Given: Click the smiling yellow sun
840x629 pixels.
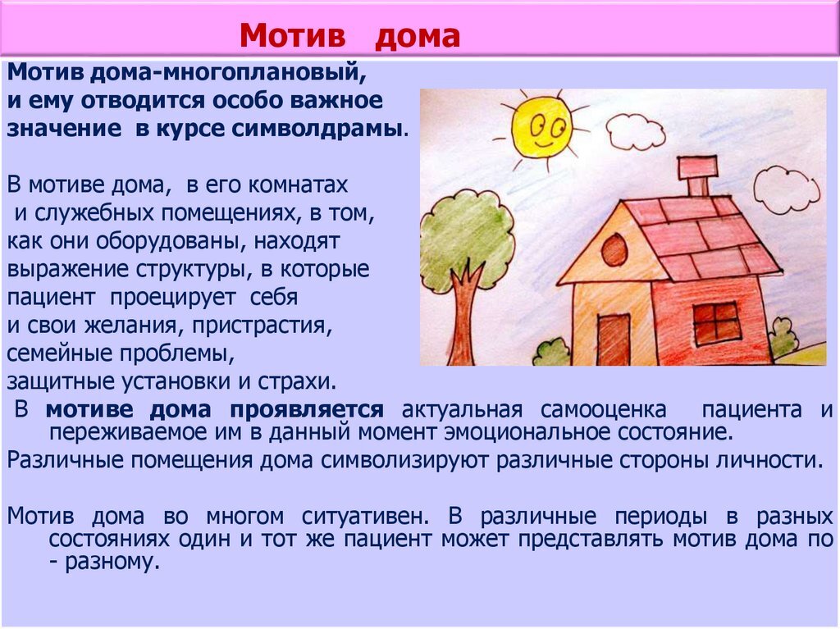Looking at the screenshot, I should click(x=541, y=127).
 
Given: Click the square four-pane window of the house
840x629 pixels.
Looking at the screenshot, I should click(x=716, y=322).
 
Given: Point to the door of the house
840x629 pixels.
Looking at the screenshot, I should click(x=613, y=339).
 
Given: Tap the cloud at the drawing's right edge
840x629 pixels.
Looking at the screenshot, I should click(x=785, y=189).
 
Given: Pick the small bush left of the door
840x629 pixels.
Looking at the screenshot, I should click(x=551, y=353).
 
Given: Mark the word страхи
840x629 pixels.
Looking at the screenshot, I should click(x=300, y=381).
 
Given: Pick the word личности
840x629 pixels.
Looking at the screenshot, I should click(x=772, y=459).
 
